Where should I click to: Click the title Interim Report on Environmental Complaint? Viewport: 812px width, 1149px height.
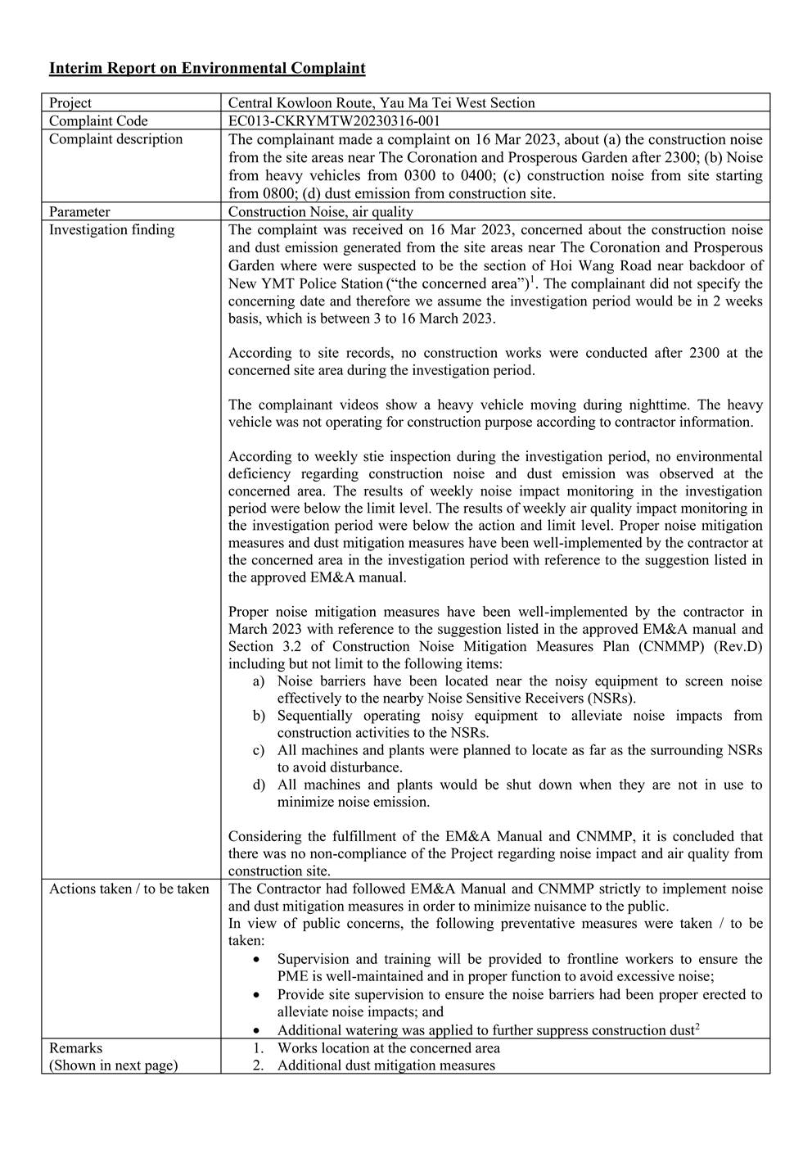point(207,68)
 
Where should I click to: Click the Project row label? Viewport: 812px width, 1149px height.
point(70,103)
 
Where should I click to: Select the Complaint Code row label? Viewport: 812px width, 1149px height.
point(98,121)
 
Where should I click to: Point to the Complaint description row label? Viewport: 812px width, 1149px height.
point(115,139)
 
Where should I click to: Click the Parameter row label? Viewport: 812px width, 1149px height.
point(79,212)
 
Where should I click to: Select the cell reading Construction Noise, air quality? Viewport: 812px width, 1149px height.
point(320,212)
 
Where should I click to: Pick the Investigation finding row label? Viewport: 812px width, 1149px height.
point(111,230)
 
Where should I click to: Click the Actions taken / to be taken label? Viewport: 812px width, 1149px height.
point(129,889)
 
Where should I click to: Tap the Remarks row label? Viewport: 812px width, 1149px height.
point(75,1048)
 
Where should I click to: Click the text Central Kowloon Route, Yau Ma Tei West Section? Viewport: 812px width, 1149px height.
point(381,103)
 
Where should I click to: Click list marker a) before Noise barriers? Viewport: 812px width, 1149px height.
point(259,681)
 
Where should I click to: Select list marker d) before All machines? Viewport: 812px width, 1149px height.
point(259,785)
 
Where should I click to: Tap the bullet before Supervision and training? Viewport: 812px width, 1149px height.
point(259,959)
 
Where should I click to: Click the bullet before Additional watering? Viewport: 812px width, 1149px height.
point(259,1031)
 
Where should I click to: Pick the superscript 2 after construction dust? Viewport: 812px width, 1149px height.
point(697,1027)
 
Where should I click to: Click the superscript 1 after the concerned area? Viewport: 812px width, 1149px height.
point(533,280)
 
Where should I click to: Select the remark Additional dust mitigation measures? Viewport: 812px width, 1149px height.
point(386,1065)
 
